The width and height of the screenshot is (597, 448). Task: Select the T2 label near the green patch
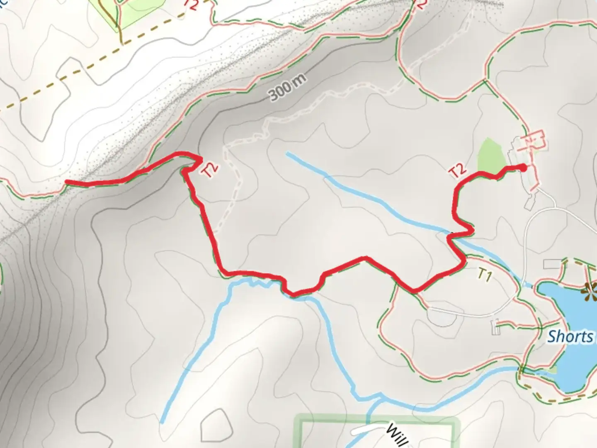(x=458, y=170)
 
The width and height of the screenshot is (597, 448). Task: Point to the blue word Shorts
(x=570, y=336)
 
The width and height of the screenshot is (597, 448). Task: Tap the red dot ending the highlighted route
(x=523, y=168)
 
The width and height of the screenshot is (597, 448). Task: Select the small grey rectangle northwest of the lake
(x=551, y=263)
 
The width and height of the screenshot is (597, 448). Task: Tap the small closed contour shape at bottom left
(x=214, y=425)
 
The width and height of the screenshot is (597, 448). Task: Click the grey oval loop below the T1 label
(x=442, y=317)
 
